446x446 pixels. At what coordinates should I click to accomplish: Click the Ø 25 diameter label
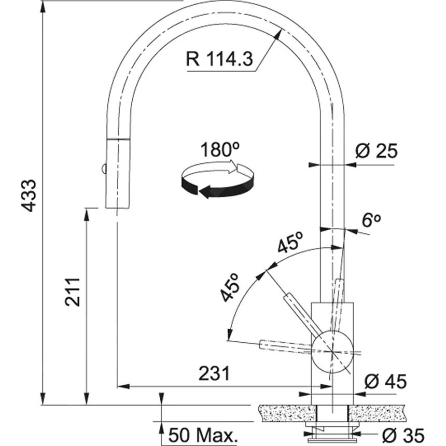point(376,151)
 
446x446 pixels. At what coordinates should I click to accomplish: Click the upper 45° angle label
point(290,243)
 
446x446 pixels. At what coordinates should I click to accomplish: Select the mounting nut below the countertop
point(332,426)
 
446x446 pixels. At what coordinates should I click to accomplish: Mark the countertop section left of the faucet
point(285,413)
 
